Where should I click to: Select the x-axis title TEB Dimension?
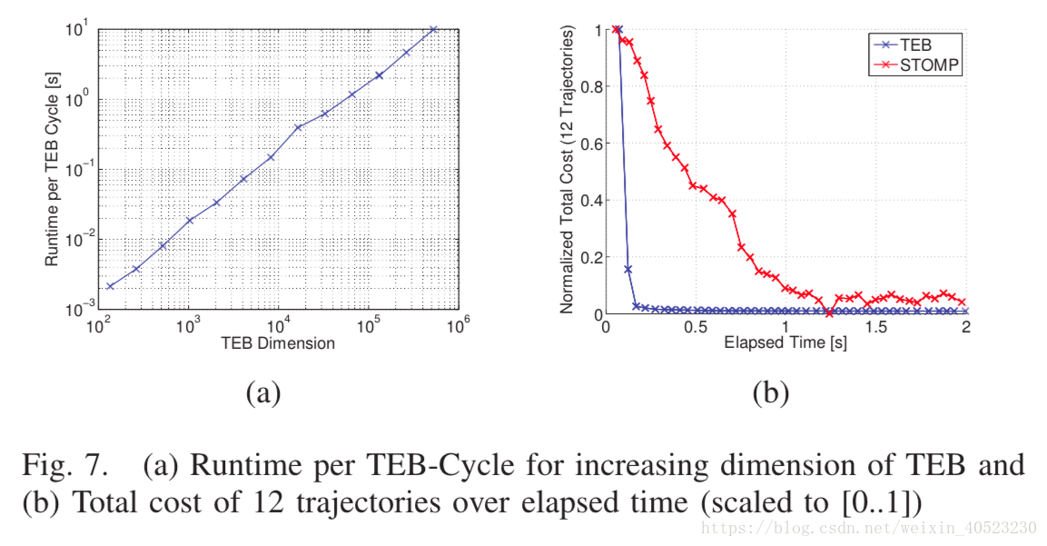(x=278, y=343)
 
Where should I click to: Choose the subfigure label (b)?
(x=771, y=392)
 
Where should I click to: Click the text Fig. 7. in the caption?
(x=62, y=466)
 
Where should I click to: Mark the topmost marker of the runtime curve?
(x=433, y=29)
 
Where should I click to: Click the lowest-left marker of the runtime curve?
(x=110, y=286)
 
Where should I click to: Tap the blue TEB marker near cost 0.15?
(x=627, y=269)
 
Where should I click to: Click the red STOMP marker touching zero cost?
(x=829, y=313)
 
